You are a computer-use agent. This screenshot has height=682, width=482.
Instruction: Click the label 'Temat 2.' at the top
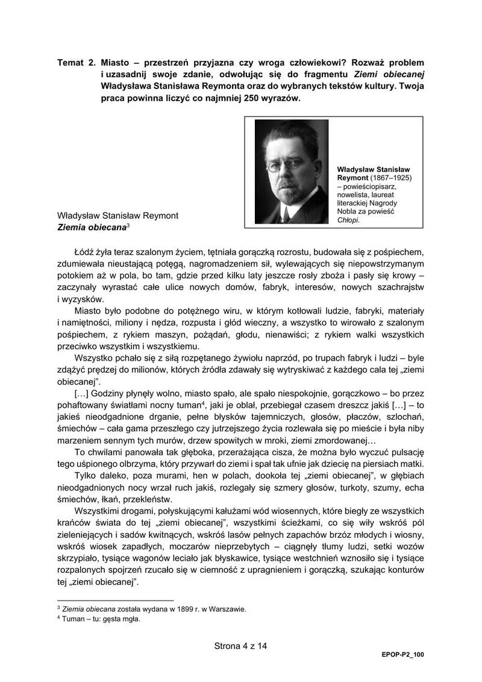(75, 63)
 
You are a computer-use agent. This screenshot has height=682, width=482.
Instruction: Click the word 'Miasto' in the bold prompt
(116, 63)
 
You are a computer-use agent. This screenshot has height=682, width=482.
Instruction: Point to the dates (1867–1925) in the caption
(391, 178)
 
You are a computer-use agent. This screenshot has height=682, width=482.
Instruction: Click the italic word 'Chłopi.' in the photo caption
(348, 221)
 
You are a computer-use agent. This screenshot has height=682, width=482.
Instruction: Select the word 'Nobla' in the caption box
(349, 212)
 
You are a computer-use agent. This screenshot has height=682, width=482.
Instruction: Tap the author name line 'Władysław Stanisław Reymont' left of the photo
(117, 215)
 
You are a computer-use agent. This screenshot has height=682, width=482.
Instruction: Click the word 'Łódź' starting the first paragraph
(84, 251)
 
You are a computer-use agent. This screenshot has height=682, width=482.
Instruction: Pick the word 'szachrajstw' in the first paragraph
(398, 286)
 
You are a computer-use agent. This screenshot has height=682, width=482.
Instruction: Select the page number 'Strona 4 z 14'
(240, 645)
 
